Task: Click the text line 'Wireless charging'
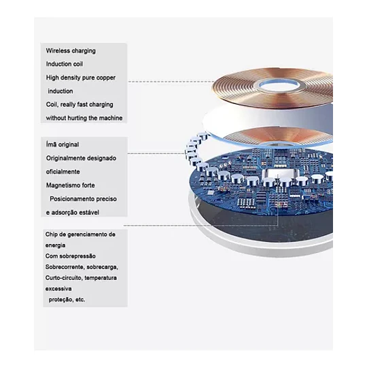pos(71,51)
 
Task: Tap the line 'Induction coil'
pos(65,64)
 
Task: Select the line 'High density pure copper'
pos(81,77)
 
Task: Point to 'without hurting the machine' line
pos(84,118)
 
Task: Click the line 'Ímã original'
pos(63,144)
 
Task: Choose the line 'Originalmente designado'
pos(81,158)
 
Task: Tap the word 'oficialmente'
pos(63,172)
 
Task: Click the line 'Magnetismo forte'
pos(71,186)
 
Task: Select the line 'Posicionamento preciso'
pos(83,199)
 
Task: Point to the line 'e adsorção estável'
pos(73,213)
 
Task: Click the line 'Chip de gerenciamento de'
pos(80,234)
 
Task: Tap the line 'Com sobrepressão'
pos(71,256)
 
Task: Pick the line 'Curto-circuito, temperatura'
pos(81,278)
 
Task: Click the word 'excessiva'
pos(58,289)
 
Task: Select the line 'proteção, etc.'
pos(67,300)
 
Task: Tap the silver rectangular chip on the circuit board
pos(281,174)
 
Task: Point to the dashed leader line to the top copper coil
pos(171,82)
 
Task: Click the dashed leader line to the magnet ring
pos(156,154)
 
